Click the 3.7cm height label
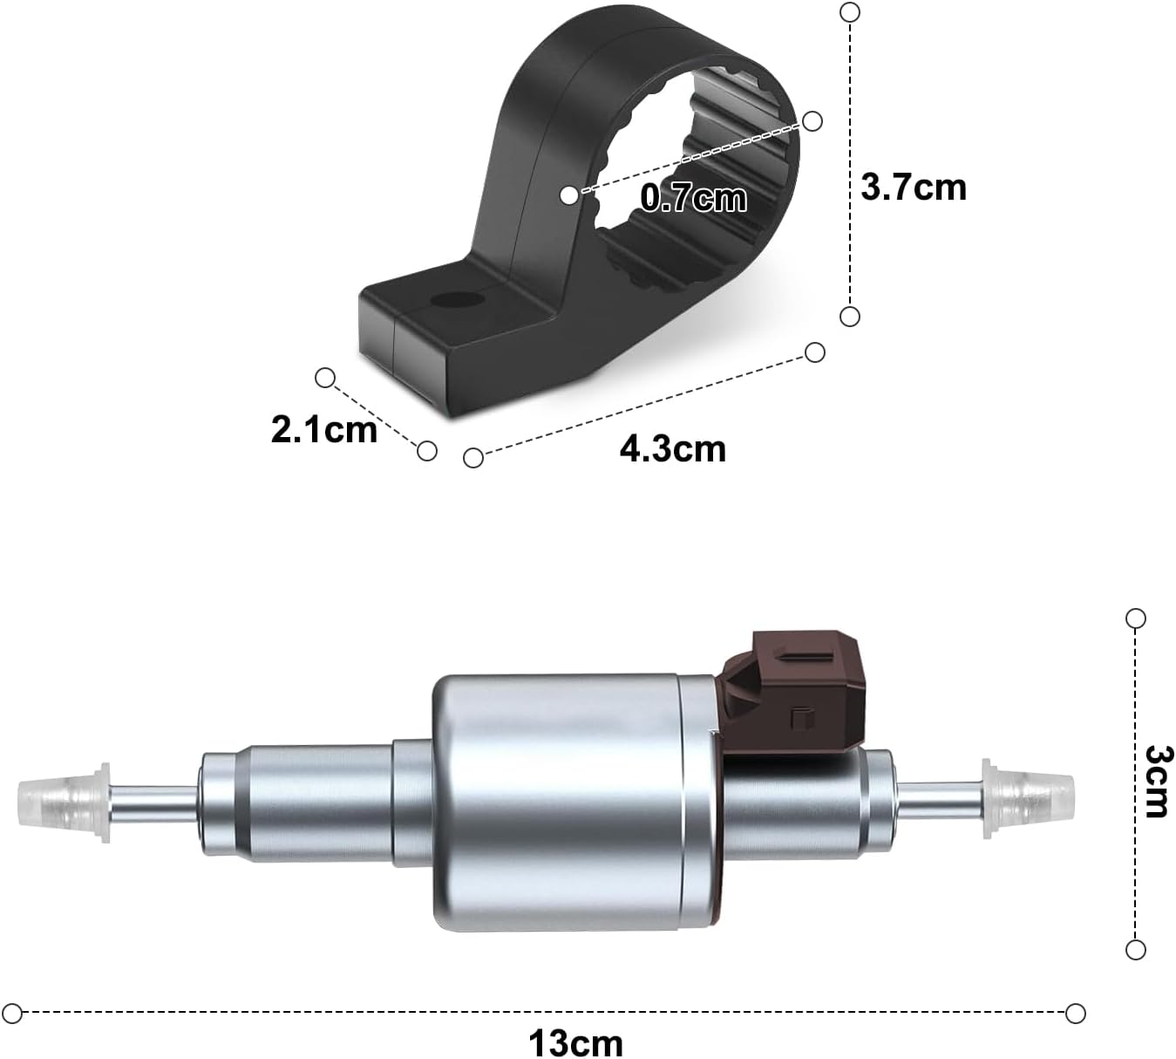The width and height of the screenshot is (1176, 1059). (913, 188)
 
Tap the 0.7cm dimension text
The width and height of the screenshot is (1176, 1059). (694, 198)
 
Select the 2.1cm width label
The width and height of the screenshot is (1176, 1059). (323, 429)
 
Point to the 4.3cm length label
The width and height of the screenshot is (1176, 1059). (672, 448)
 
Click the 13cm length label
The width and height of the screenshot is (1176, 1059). (575, 1042)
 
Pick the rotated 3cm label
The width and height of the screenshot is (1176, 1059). (1158, 781)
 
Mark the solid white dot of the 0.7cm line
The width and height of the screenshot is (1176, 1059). (568, 195)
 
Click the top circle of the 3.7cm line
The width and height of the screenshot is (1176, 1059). (849, 12)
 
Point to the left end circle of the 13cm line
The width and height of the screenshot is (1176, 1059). (12, 1013)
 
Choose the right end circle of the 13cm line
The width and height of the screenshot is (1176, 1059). (1076, 1013)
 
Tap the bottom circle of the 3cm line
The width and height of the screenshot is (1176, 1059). (1135, 949)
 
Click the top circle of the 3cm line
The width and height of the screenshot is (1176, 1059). (1135, 618)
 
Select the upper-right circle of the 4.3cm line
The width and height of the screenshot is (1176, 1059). (815, 352)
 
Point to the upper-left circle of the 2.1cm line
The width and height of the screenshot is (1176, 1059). (325, 378)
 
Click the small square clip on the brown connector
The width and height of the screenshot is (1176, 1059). (799, 718)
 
